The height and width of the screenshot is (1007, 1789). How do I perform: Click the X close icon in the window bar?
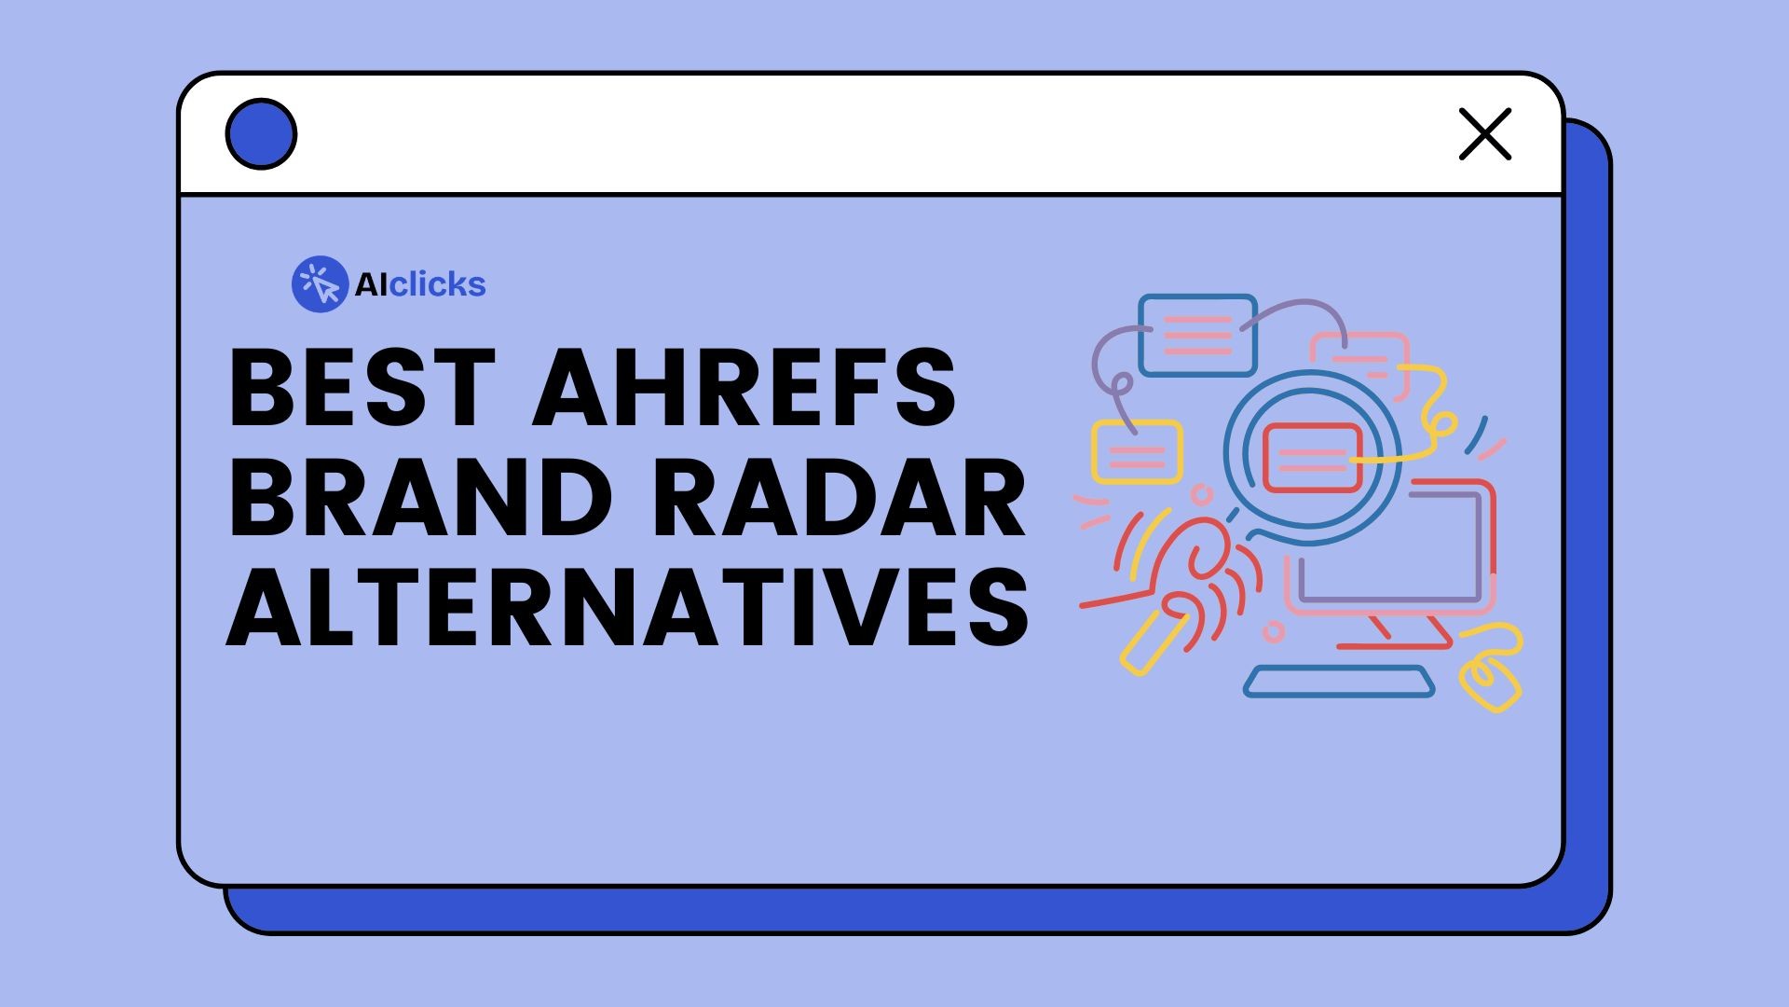click(1484, 134)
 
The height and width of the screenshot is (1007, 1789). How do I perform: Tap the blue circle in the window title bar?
click(261, 134)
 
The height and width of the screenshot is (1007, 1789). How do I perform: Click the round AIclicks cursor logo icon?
click(320, 284)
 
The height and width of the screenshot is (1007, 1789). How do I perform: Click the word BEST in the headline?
click(362, 387)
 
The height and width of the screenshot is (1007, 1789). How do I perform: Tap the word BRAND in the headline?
click(419, 498)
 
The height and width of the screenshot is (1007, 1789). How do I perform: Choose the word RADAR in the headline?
click(839, 498)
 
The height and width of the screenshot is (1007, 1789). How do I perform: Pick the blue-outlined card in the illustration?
click(1197, 335)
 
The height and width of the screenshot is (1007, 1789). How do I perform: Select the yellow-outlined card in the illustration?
click(1137, 452)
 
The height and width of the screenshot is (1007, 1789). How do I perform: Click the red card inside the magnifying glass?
click(1312, 457)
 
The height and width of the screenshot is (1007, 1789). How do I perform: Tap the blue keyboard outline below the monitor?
click(1339, 682)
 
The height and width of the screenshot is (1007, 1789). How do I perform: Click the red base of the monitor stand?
click(1394, 644)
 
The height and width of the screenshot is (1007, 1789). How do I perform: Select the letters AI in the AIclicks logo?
click(370, 284)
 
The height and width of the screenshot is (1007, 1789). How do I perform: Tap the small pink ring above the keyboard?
click(1273, 632)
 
